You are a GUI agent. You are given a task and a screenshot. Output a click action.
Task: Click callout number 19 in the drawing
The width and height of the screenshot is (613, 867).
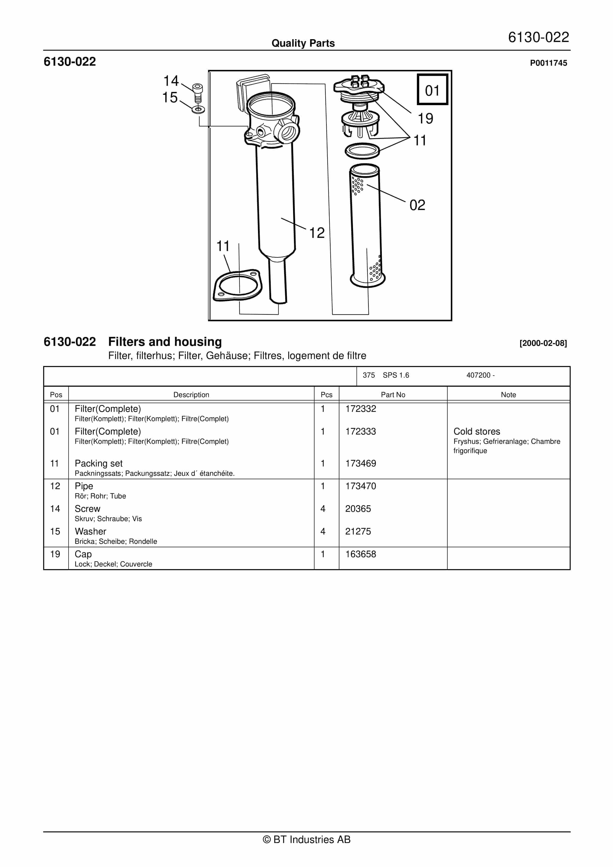click(425, 119)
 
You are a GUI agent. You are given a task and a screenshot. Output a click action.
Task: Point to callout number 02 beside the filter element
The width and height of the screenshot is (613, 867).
click(417, 205)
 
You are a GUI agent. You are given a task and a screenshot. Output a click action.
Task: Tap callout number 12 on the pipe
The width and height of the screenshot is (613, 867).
click(317, 233)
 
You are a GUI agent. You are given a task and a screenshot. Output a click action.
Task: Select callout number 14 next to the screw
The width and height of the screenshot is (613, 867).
click(171, 81)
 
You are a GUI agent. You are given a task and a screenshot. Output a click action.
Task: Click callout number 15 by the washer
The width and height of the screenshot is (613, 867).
click(170, 97)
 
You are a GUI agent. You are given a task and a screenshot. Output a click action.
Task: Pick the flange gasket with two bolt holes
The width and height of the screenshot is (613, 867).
click(238, 285)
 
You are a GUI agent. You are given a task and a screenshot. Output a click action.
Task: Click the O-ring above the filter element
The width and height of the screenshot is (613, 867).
click(362, 151)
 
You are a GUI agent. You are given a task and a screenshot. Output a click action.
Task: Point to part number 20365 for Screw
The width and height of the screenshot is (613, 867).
click(358, 509)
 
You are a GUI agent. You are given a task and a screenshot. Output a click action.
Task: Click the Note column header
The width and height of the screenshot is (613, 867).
click(508, 395)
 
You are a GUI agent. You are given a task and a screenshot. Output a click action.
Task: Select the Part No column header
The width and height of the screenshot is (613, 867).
click(393, 395)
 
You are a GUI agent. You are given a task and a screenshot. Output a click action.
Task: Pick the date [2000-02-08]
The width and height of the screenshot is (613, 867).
click(543, 343)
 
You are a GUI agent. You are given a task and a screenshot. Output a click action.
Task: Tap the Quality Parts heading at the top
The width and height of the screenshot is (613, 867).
click(303, 43)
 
